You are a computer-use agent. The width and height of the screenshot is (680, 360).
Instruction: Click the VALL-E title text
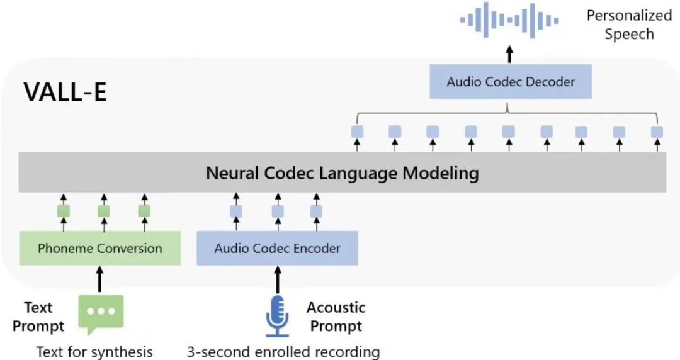click(65, 91)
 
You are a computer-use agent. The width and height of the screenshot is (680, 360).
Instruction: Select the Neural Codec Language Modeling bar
click(342, 172)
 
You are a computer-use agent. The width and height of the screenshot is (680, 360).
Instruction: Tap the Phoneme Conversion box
click(99, 248)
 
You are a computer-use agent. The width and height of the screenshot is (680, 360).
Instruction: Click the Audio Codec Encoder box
click(277, 248)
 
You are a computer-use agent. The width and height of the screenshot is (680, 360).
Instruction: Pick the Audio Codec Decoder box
click(511, 81)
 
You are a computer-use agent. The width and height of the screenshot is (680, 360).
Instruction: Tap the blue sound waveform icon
click(509, 21)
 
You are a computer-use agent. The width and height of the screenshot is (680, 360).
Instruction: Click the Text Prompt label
click(38, 317)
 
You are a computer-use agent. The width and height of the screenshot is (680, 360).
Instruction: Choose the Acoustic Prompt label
click(336, 317)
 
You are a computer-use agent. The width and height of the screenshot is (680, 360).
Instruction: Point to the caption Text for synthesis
click(94, 351)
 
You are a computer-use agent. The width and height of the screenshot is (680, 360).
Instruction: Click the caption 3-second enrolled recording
click(283, 351)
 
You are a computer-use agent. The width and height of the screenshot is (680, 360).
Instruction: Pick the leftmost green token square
click(64, 211)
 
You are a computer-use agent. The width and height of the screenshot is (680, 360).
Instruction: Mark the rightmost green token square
click(144, 211)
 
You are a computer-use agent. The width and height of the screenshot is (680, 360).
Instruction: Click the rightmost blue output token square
click(657, 132)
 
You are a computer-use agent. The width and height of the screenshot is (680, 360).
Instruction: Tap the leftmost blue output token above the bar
click(357, 132)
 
